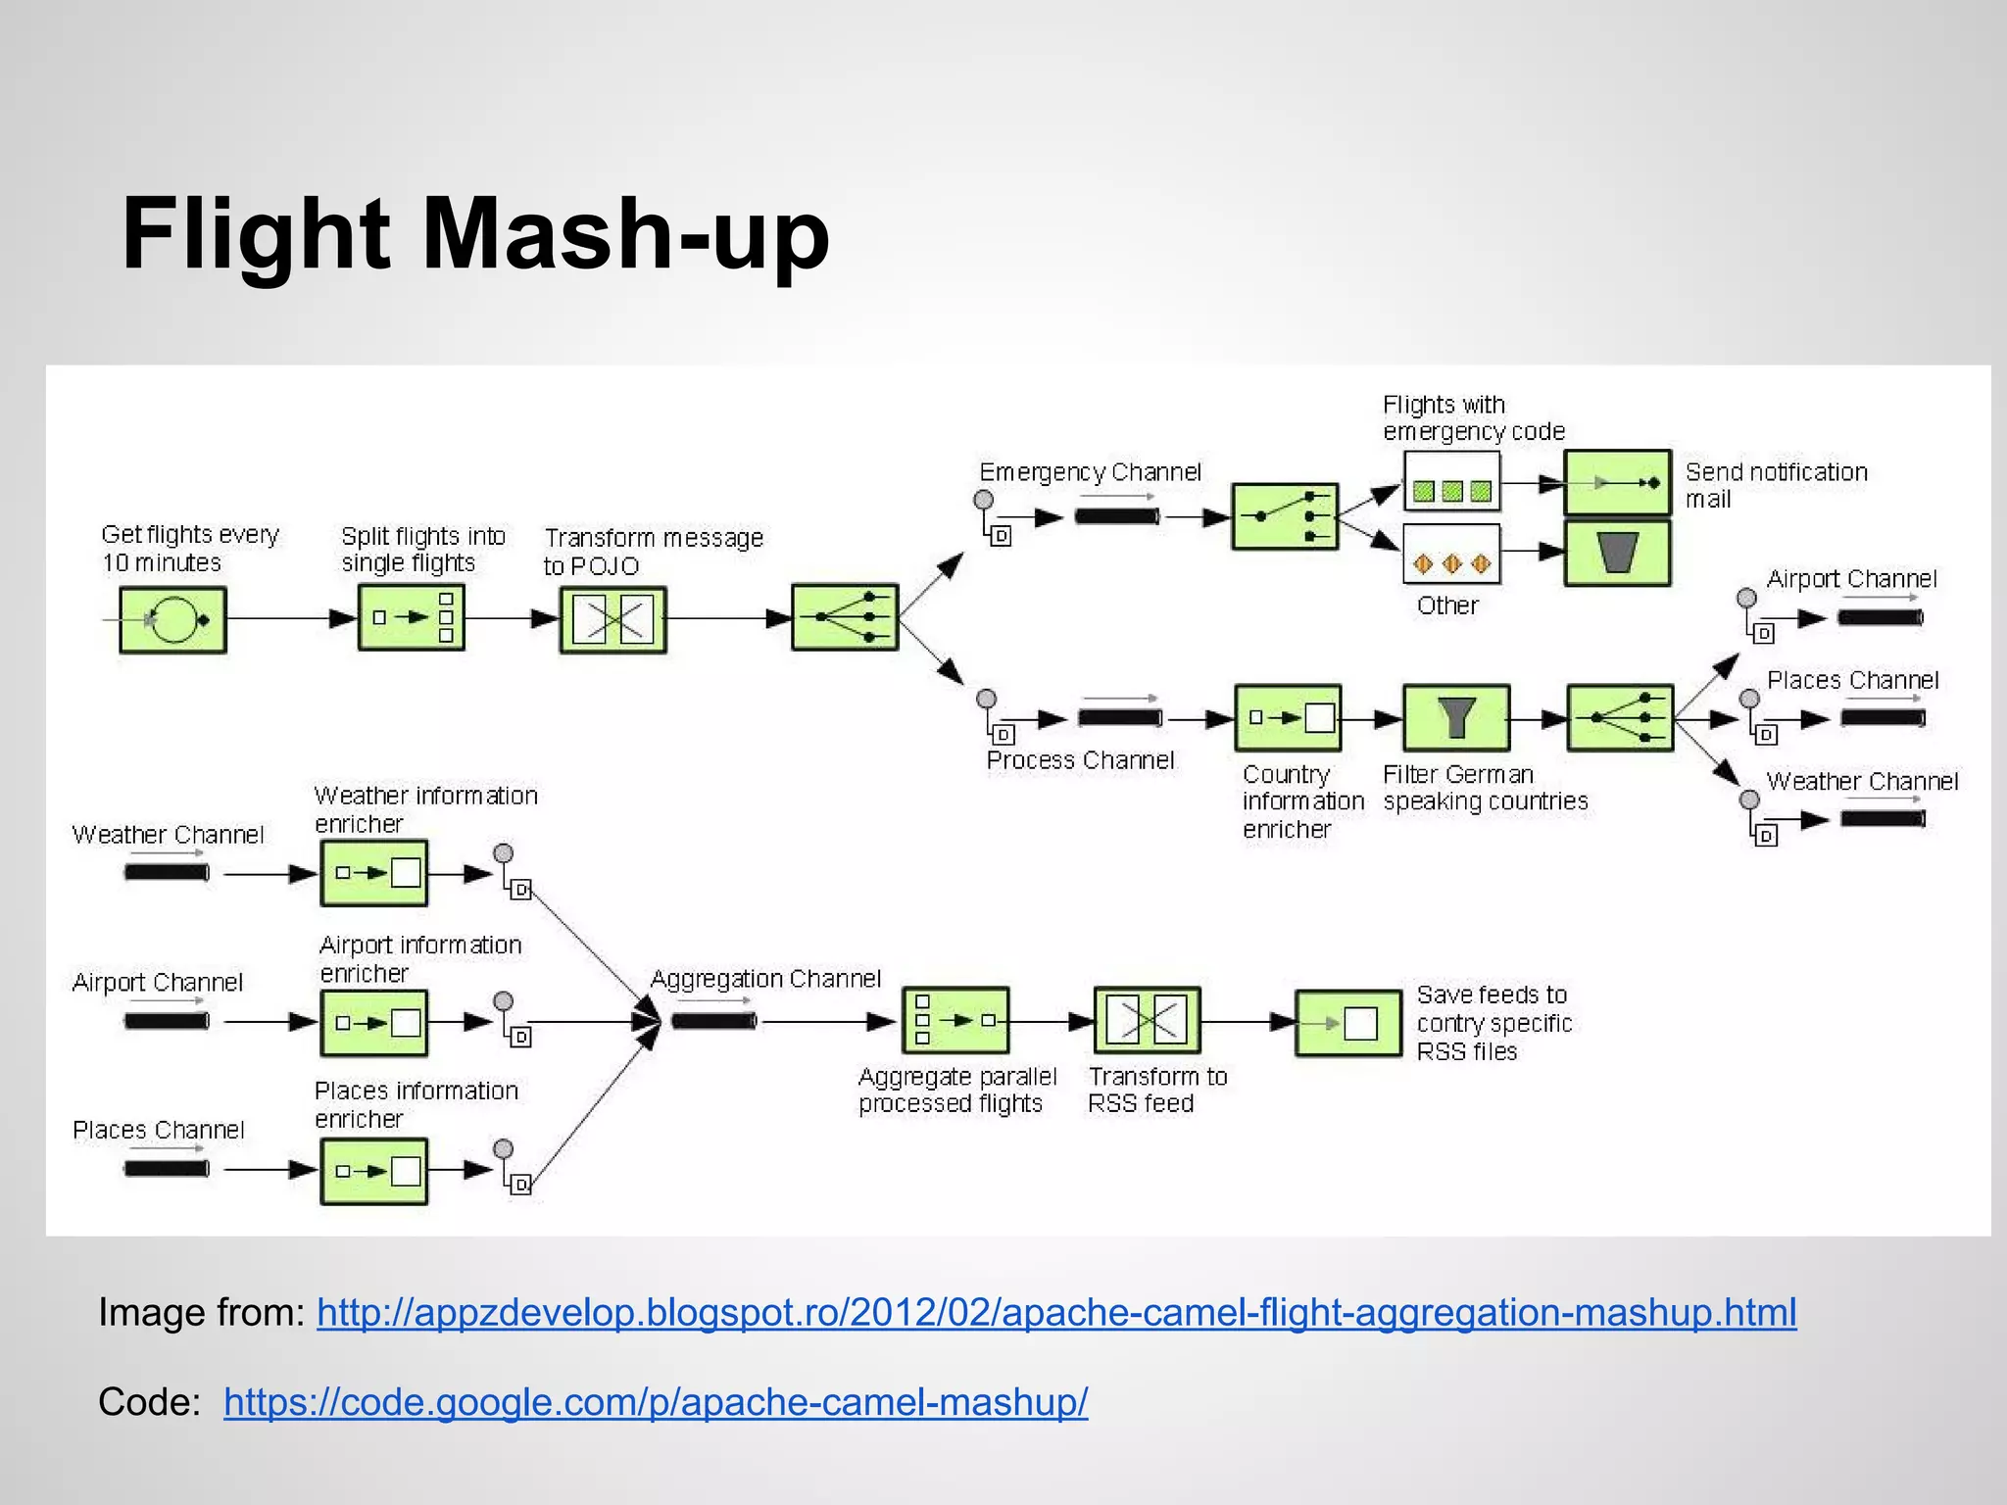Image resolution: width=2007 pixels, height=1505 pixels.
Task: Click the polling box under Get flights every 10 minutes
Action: tap(172, 620)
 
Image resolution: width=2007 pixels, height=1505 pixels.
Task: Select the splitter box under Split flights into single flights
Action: tap(411, 618)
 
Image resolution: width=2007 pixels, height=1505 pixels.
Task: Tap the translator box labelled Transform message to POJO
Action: tap(612, 620)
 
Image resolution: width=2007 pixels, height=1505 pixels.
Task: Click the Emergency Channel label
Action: tap(1090, 472)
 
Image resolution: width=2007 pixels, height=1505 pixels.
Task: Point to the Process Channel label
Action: tap(1080, 760)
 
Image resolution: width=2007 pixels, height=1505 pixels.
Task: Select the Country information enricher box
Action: tap(1288, 718)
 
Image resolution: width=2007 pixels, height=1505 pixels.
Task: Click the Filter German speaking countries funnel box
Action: tap(1456, 718)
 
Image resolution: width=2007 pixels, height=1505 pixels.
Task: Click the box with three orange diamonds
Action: tap(1451, 555)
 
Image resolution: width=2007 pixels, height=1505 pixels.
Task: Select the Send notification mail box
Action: tap(1617, 482)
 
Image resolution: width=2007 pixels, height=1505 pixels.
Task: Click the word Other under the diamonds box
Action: tap(1446, 606)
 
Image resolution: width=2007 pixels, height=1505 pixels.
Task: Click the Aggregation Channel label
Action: tap(765, 979)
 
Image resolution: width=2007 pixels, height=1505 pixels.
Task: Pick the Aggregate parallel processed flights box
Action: tap(955, 1021)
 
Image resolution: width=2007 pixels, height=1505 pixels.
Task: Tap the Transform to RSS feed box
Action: tap(1147, 1021)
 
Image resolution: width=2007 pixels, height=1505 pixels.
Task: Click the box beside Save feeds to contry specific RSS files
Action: tap(1348, 1023)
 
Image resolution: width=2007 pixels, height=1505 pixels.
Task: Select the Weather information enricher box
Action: tap(373, 872)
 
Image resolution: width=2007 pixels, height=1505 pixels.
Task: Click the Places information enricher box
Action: tap(373, 1171)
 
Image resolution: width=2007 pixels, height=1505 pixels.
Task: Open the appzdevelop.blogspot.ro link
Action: tap(1055, 1312)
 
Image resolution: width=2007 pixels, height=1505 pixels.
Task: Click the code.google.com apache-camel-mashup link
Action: tap(655, 1402)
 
